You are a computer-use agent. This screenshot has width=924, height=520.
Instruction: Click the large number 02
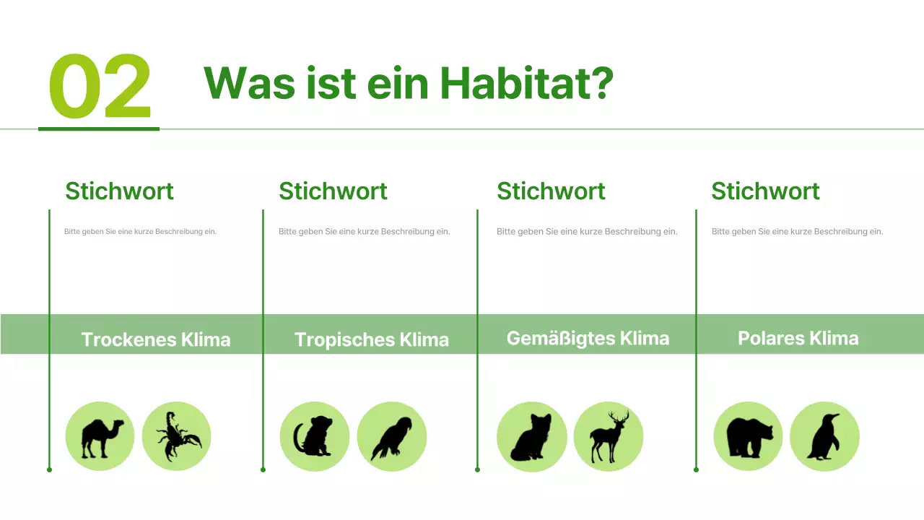pos(100,87)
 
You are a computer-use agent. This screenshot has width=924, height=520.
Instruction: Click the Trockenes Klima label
pos(155,339)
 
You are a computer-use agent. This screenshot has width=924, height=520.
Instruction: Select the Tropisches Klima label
pos(371,339)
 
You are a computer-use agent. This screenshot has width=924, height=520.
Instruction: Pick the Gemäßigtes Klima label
pos(588,338)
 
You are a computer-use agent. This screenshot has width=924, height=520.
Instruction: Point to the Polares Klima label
pos(798,338)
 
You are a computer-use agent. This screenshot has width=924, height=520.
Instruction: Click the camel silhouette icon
pos(100,436)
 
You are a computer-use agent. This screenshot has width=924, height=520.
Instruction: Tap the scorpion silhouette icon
pos(176,436)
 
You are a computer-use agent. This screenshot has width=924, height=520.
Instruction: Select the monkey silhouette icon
pos(314,436)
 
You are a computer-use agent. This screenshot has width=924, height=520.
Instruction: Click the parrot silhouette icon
pos(391,436)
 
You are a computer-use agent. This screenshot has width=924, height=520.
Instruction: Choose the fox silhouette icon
pos(531,436)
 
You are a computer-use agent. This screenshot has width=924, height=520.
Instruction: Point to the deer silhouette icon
pos(608,438)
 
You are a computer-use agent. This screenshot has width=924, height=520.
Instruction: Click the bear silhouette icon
pos(748,436)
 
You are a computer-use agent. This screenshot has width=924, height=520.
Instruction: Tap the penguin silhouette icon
pos(824,436)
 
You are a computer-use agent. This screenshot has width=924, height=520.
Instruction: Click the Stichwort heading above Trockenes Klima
pos(119,191)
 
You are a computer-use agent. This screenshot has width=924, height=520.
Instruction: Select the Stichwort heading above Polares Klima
pos(765,191)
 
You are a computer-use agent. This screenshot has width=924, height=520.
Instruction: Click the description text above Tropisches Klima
pos(364,232)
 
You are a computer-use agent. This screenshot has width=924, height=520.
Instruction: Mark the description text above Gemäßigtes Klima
pos(587,232)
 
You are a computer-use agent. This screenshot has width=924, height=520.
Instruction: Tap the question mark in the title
pos(601,83)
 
